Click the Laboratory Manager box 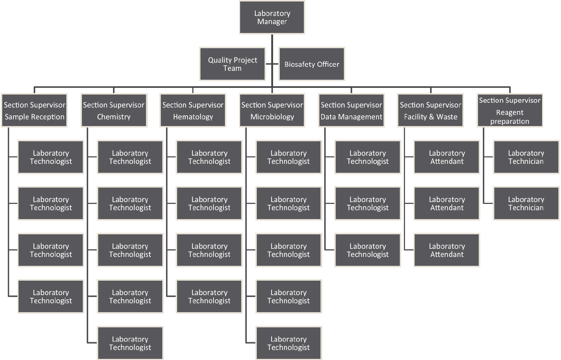tap(272, 17)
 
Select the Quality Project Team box tap(232, 64)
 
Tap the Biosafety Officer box tap(312, 64)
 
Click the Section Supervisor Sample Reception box tap(34, 110)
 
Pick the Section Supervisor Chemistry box tap(114, 110)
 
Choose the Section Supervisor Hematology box tap(193, 110)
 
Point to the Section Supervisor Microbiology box tap(272, 110)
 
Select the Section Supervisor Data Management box tap(351, 110)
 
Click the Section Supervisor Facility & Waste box tap(431, 110)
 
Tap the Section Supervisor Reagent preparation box tap(509, 110)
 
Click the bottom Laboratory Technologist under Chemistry tap(130, 343)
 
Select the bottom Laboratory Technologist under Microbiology tap(288, 343)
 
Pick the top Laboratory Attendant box tap(447, 157)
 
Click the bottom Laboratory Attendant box tap(447, 250)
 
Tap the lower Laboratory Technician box tap(526, 204)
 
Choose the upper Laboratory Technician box tap(526, 157)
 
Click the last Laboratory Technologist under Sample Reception tap(51, 297)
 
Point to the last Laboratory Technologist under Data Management tap(368, 250)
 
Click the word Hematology tap(193, 117)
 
